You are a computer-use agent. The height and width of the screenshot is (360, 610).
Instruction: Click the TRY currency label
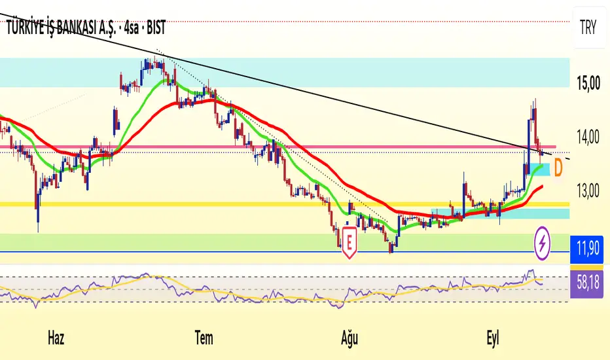(588, 27)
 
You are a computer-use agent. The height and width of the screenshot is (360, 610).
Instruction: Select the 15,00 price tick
(588, 83)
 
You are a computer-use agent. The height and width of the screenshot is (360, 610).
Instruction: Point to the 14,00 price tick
(588, 137)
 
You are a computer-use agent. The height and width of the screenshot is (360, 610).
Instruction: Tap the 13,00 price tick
(588, 192)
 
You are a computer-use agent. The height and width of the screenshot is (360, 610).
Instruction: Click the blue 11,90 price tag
(586, 248)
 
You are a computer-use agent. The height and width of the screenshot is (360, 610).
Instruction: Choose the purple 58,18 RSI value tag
(586, 283)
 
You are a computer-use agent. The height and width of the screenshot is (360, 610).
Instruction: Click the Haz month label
(56, 338)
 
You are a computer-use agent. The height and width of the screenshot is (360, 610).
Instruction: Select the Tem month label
(204, 338)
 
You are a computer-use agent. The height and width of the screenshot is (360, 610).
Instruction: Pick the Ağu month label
(350, 338)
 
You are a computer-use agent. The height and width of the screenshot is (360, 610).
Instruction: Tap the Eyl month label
(492, 338)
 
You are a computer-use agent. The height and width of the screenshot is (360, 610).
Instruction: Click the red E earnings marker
(350, 242)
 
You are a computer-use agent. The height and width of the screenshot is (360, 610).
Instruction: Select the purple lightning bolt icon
(543, 243)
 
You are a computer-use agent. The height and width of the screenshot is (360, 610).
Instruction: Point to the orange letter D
(558, 168)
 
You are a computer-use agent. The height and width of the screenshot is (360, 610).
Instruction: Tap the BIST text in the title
(156, 27)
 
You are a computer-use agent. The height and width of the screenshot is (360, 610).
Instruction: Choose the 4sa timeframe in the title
(132, 28)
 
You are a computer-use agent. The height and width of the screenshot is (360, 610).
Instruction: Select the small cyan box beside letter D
(540, 170)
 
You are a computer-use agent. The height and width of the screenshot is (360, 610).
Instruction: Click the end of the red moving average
(543, 187)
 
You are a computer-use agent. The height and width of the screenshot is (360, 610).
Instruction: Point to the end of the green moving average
(543, 165)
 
